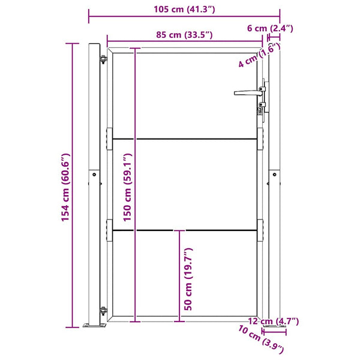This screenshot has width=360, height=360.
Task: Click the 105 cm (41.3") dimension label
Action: coord(184,10)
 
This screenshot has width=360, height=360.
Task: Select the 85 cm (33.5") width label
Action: coord(184,35)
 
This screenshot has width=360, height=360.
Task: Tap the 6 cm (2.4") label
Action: coord(270,28)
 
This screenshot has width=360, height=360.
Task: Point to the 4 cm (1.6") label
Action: coord(259,56)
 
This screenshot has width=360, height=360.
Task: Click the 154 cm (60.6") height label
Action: coord(65,187)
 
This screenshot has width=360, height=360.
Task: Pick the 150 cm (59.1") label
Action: coord(127,187)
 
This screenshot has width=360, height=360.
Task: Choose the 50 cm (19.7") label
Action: coord(188,279)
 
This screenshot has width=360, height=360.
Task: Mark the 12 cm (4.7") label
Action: coord(274,321)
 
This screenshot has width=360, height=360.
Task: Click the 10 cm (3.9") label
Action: coord(261,340)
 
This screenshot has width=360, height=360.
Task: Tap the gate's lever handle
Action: coord(248,93)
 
